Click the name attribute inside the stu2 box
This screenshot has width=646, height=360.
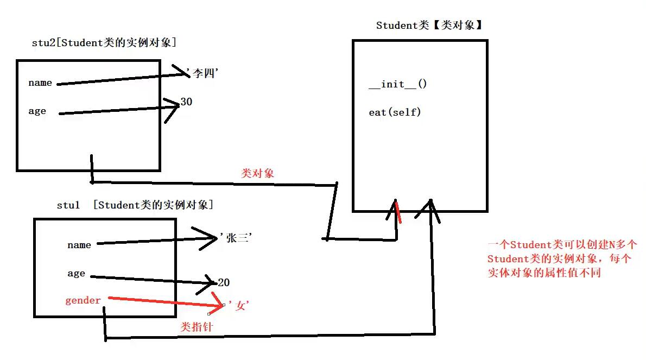click(x=40, y=83)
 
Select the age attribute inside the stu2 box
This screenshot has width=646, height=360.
click(x=37, y=111)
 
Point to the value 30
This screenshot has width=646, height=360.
click(x=186, y=102)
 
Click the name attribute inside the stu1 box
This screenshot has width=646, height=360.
click(x=79, y=245)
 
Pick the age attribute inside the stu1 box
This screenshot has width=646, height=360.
click(x=77, y=274)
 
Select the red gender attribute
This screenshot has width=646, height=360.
click(x=83, y=300)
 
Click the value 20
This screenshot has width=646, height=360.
click(x=224, y=282)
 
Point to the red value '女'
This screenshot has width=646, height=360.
click(x=239, y=306)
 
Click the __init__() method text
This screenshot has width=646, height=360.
click(x=398, y=84)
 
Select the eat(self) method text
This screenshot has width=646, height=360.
click(x=395, y=112)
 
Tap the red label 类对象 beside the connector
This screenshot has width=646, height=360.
click(x=258, y=173)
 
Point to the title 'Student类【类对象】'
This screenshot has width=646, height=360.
click(x=429, y=26)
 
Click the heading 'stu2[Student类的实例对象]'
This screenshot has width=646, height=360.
click(x=104, y=43)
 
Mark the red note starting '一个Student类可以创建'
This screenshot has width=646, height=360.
click(x=565, y=259)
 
